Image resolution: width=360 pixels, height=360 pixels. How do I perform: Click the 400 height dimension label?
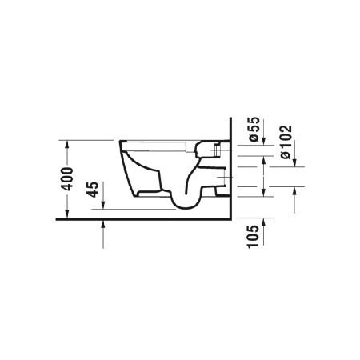point(66,179)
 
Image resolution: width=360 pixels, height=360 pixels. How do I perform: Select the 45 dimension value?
point(93,190)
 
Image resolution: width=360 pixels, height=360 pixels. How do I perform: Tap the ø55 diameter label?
point(254,129)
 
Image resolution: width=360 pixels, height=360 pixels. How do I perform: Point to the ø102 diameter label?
point(286,142)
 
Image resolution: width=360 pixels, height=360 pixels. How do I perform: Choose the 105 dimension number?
point(254,237)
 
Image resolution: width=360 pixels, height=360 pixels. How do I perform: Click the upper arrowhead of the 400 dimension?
point(67,144)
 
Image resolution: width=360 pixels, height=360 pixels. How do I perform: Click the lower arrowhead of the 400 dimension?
point(67,214)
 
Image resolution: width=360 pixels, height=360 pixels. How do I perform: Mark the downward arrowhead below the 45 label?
point(103,205)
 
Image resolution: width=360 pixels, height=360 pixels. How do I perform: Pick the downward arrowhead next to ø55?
point(264,141)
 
